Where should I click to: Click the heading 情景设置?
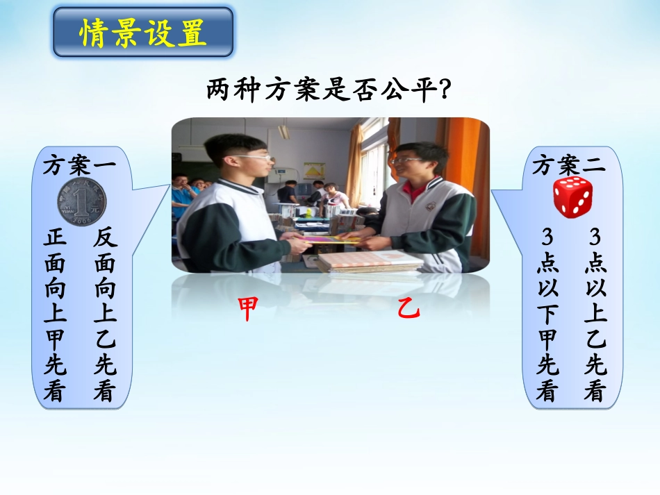tap(143, 33)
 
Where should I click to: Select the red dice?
tap(572, 195)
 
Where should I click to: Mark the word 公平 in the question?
tap(404, 90)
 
